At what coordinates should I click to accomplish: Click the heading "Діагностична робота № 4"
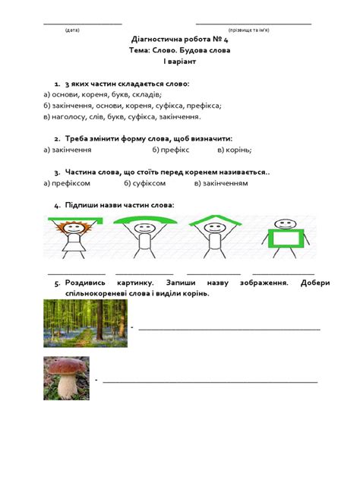179,38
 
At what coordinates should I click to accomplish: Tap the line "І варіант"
179,62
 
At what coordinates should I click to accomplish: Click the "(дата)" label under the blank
72,30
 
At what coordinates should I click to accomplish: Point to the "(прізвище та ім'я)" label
253,30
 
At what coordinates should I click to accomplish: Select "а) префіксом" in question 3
68,183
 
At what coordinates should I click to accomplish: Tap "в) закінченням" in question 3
221,183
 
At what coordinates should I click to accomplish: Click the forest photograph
85,322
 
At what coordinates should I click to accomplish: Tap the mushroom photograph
67,377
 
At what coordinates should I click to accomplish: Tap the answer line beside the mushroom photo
210,381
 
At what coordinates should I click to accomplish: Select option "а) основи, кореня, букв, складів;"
102,94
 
